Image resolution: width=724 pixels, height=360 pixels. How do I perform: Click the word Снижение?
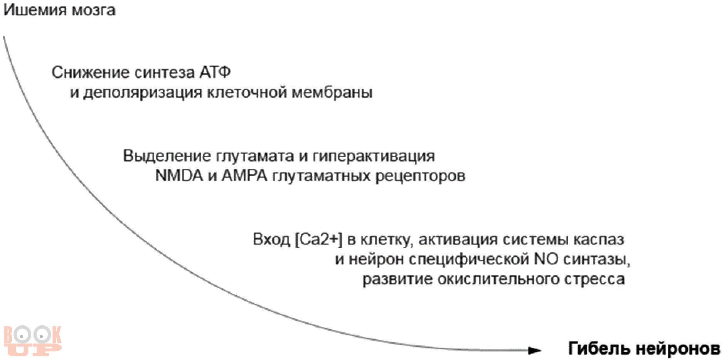coord(89,72)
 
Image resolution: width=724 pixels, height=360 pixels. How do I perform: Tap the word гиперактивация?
coord(374,156)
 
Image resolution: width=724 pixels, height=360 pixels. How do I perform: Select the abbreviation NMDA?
coord(179,176)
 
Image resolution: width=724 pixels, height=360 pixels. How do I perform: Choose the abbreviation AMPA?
coord(244,176)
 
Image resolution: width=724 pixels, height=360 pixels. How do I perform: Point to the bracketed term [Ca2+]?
coord(318,240)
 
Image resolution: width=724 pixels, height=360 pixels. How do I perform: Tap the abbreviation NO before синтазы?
coord(546,259)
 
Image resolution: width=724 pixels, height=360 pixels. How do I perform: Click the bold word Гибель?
coord(598,348)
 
